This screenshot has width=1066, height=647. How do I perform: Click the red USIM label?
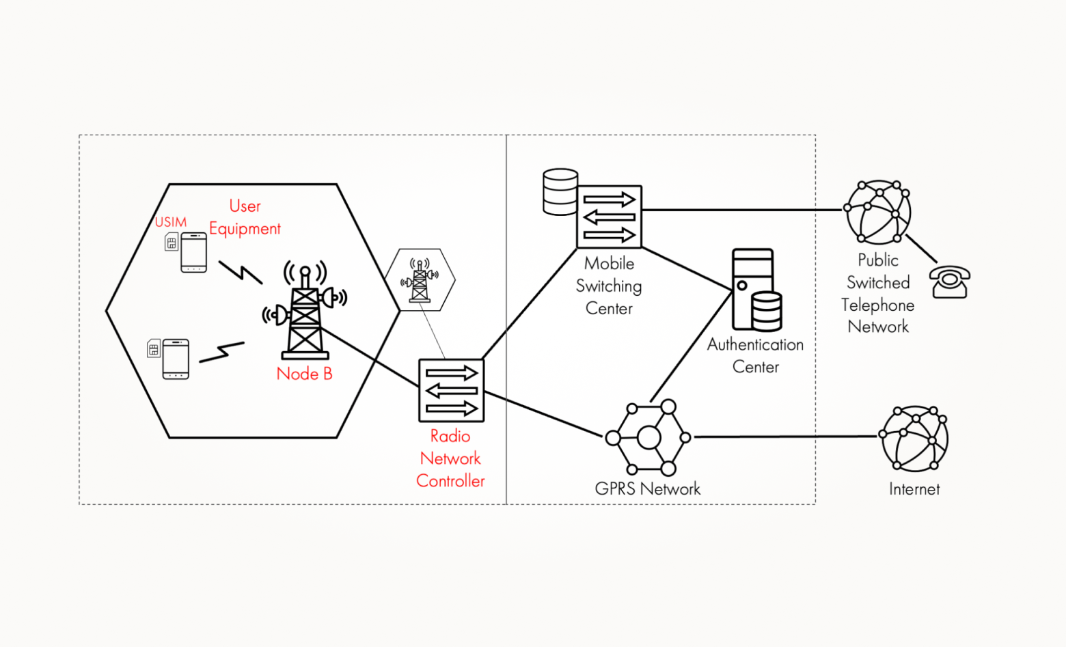pos(171,222)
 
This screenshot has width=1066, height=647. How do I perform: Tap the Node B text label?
pos(304,374)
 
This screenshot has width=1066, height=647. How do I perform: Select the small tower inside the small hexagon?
pos(420,280)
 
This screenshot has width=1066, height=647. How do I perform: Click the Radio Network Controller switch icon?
pos(451,391)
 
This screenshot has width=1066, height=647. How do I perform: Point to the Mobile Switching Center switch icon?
pos(609,217)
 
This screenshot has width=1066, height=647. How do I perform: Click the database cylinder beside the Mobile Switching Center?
pos(560,192)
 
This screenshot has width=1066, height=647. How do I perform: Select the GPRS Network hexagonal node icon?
pos(649,437)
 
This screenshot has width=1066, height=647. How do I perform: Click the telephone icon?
pos(950,281)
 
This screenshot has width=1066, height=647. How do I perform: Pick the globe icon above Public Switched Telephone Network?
pos(878,212)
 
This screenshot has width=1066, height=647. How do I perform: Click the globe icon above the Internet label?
pos(914,439)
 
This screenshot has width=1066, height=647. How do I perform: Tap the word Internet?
pos(914,489)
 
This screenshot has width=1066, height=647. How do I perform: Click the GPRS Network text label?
pos(648,488)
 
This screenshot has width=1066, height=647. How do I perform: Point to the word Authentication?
pos(755,344)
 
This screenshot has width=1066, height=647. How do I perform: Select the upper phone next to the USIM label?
pos(193,253)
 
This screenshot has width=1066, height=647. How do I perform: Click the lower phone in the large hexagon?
pos(176,359)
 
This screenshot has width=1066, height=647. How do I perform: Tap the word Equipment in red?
pos(245,229)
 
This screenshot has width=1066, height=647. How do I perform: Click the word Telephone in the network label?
pos(877,305)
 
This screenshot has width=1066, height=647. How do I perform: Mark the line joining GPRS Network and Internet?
pos(786,437)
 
